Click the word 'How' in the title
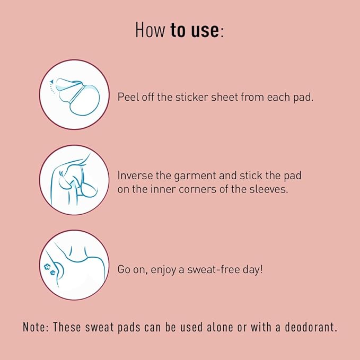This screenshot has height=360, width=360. coord(150,30)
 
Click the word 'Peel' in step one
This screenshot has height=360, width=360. coord(128,97)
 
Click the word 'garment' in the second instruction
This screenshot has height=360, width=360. coord(195,177)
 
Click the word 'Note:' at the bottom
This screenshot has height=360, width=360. coord(36,327)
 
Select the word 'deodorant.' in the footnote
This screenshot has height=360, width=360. coord(311,327)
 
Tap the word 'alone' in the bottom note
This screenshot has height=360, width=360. coord(220,327)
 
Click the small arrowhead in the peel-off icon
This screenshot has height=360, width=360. coord(51,82)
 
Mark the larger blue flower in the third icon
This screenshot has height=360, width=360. coord(47,267)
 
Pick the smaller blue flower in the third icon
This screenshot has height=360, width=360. coord(53,273)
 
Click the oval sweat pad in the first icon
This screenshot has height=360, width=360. coord(85,100)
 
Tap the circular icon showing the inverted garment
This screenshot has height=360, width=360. coord(74,180)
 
